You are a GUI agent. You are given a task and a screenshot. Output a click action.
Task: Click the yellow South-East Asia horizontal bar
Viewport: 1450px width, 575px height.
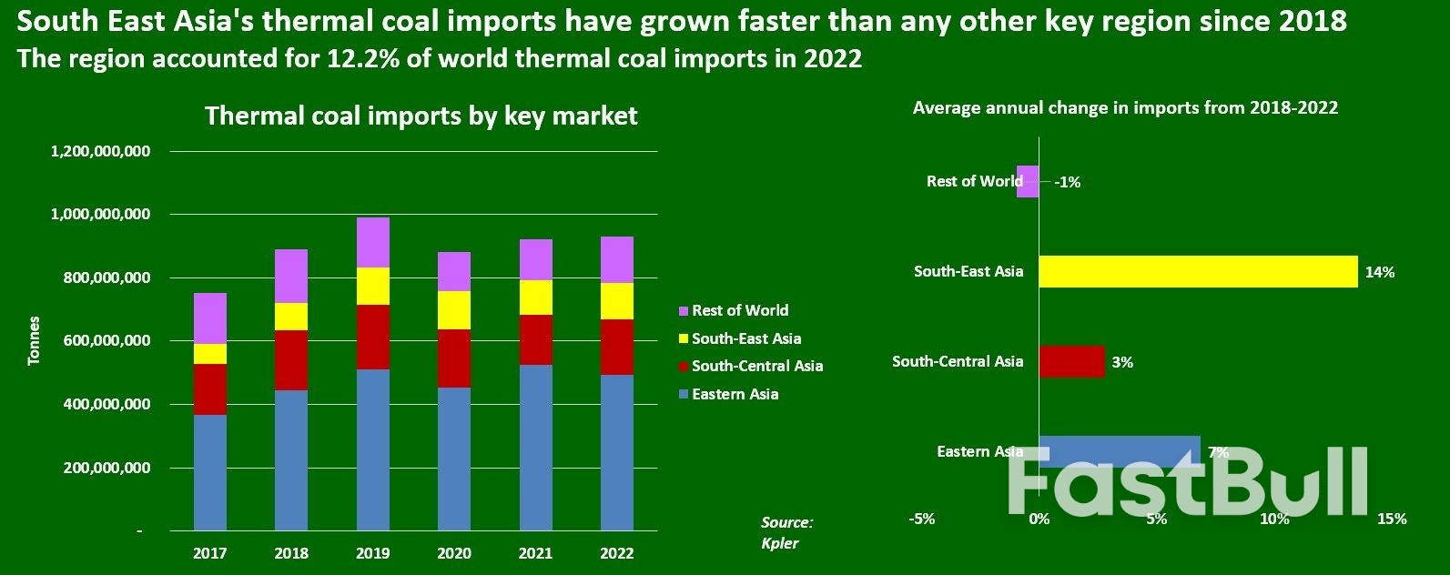[x=1197, y=271]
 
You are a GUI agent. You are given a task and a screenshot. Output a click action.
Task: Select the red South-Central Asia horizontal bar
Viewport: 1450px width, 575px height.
[x=1071, y=361]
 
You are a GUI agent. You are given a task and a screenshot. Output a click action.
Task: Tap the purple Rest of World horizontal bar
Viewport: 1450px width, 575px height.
[x=1028, y=181]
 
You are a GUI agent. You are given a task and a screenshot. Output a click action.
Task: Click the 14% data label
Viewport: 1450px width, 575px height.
[x=1380, y=272]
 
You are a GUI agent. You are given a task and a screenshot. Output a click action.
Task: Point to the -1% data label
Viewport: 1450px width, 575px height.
[x=1067, y=182]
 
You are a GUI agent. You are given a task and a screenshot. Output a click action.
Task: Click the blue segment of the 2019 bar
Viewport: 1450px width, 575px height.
[x=372, y=449]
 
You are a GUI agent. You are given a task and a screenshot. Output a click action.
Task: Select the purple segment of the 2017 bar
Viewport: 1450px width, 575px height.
[x=209, y=318]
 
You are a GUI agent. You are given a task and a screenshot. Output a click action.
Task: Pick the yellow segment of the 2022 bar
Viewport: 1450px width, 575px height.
[x=616, y=301]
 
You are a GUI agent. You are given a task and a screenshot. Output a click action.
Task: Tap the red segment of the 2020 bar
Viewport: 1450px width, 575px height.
[x=454, y=358]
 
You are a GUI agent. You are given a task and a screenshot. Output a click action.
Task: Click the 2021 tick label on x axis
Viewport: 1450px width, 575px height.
[x=535, y=552]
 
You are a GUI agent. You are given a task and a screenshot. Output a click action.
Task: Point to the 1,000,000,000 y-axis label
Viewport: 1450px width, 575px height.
[x=101, y=214]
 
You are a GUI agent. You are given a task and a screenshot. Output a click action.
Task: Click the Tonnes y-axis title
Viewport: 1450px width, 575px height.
[x=35, y=340]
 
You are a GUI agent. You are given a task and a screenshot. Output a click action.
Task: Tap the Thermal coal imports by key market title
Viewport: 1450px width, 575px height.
[x=421, y=116]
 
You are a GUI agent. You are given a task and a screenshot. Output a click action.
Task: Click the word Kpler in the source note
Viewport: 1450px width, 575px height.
[x=779, y=543]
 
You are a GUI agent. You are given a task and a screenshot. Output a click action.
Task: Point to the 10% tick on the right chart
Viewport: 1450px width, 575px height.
[x=1273, y=519]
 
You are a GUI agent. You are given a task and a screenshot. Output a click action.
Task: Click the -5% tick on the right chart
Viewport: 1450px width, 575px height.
[x=921, y=519]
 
